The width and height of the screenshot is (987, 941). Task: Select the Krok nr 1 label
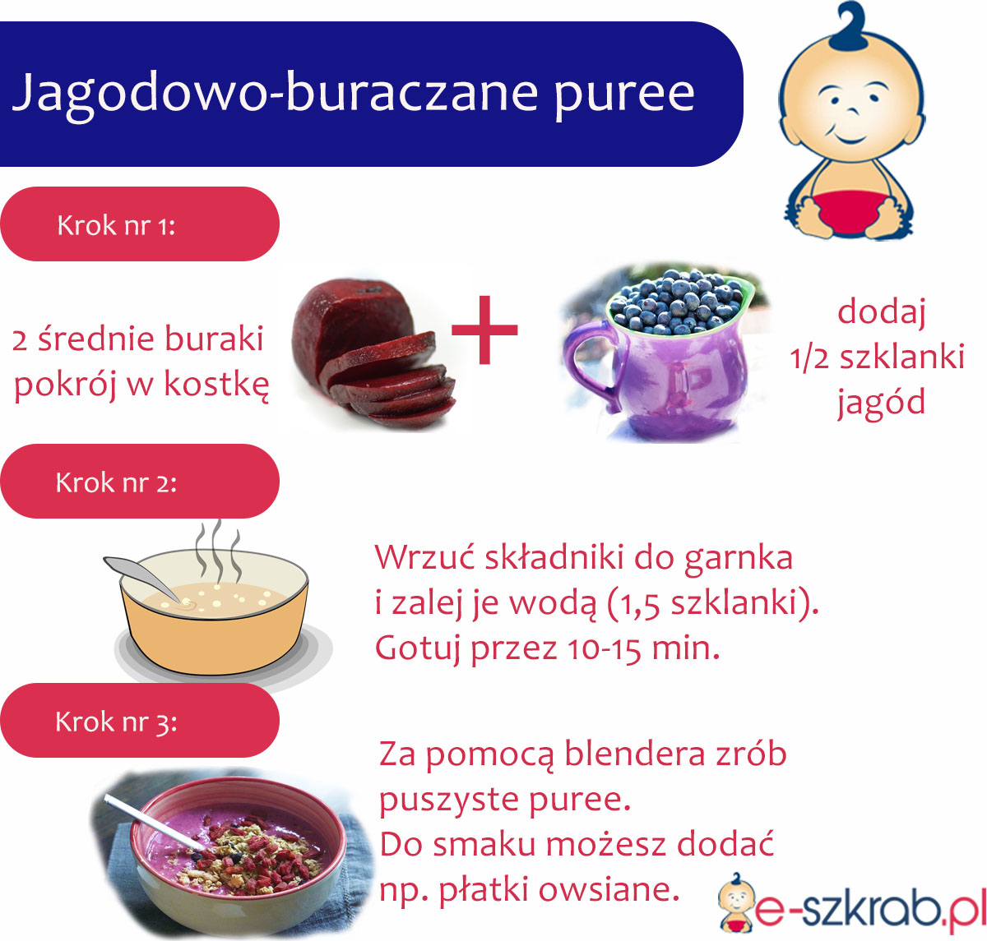click(116, 226)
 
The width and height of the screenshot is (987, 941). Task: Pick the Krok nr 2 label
click(116, 482)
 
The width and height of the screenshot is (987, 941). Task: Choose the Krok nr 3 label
click(116, 722)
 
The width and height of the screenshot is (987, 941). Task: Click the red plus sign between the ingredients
click(484, 330)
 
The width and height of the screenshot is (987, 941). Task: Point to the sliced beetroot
click(374, 353)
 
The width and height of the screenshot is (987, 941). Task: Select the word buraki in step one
click(214, 339)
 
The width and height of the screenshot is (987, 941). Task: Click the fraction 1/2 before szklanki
click(809, 358)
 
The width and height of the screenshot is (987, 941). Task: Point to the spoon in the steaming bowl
click(143, 578)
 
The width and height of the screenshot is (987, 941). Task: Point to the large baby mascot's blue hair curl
click(848, 25)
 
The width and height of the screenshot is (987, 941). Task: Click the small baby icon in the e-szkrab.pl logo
click(736, 900)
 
